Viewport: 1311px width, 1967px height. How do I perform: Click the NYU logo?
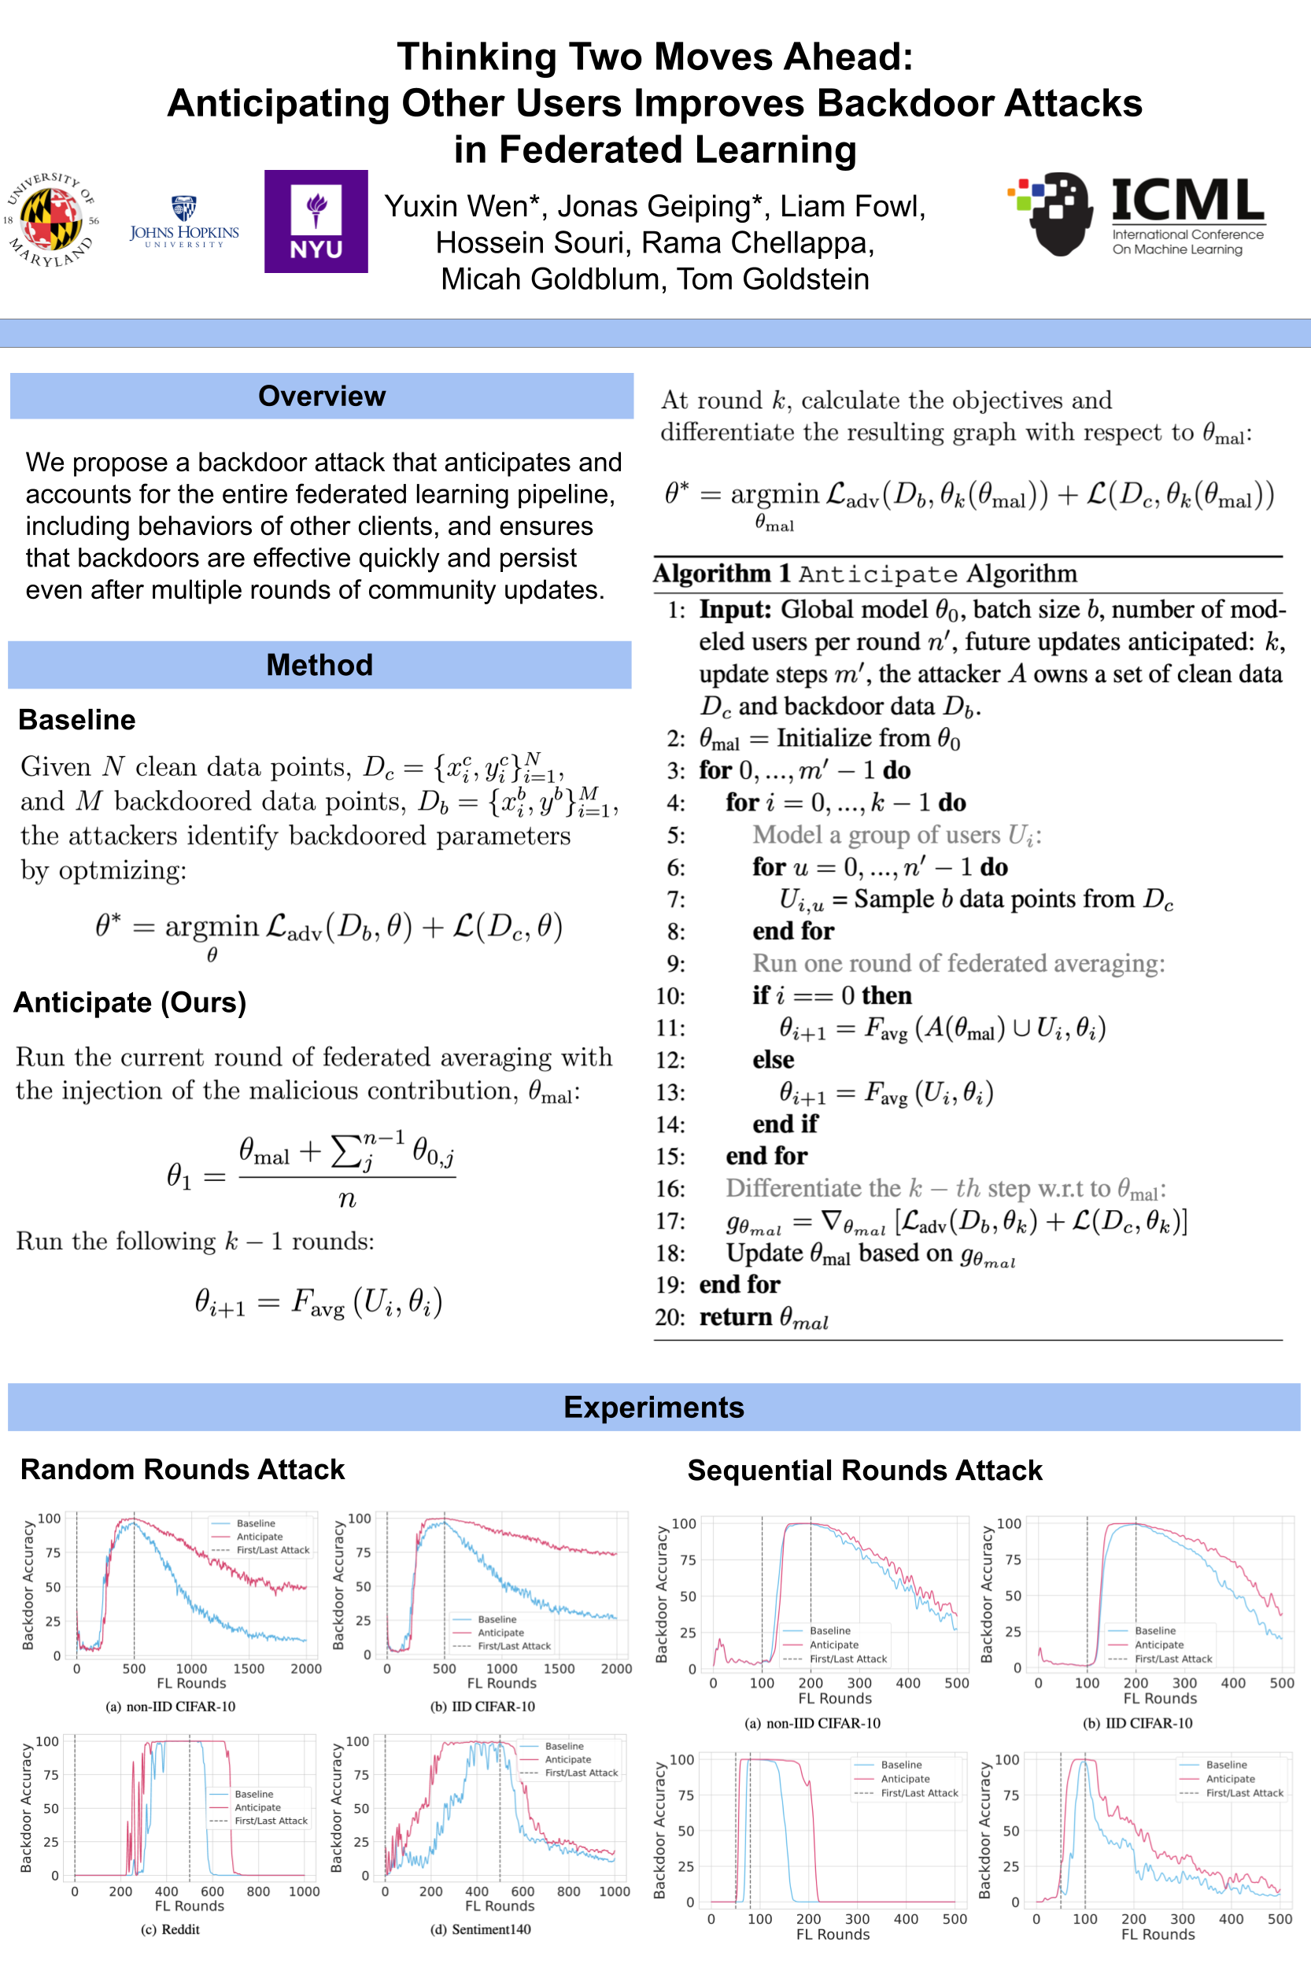(x=316, y=222)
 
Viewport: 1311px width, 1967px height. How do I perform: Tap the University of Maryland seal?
(x=52, y=219)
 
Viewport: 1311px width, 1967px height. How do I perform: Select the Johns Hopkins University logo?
(x=184, y=223)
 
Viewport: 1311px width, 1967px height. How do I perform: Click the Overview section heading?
(x=322, y=397)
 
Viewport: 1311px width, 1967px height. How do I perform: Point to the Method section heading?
(x=319, y=666)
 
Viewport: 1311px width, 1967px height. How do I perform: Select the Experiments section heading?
(x=654, y=1408)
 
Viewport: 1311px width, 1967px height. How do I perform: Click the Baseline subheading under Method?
(x=77, y=720)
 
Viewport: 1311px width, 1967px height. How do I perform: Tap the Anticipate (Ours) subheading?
(x=131, y=1002)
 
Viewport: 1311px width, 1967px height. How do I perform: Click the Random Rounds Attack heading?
(x=183, y=1470)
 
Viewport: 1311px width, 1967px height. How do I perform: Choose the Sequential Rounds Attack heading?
(x=865, y=1471)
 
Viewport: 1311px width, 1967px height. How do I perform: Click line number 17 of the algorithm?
(x=670, y=1221)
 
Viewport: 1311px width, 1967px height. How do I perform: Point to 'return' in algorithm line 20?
(x=735, y=1317)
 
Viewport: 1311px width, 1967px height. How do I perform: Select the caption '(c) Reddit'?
(x=170, y=1929)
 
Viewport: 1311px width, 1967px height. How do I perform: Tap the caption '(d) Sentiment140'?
(x=480, y=1929)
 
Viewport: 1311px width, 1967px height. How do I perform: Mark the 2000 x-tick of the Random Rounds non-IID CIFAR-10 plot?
(x=306, y=1669)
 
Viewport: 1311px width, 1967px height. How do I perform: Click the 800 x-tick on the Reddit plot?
(x=258, y=1891)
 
